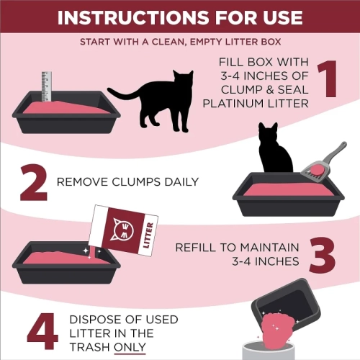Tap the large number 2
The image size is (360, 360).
point(32,184)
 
